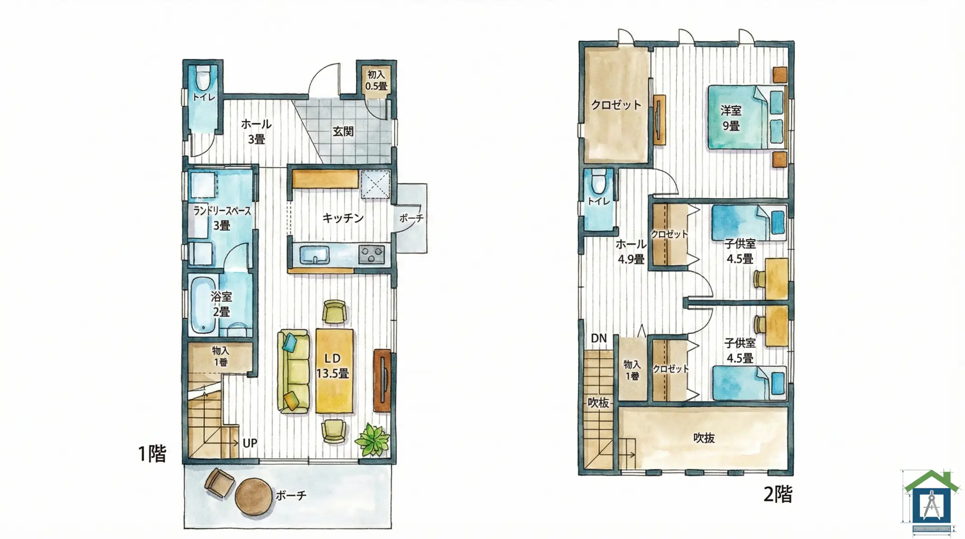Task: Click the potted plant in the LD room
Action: (x=372, y=439)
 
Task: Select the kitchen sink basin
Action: (x=314, y=255)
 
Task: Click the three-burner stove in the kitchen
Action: (x=372, y=255)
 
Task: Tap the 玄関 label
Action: (x=343, y=131)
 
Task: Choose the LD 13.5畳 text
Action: (x=332, y=366)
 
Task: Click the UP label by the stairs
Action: (x=250, y=443)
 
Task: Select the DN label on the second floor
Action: (x=598, y=338)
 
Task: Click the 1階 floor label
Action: (x=152, y=453)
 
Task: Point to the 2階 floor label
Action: (x=778, y=494)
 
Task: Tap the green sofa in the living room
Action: (x=294, y=371)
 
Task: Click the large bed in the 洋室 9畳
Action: (x=746, y=117)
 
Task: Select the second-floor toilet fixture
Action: (x=598, y=182)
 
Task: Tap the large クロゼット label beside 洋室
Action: (x=616, y=105)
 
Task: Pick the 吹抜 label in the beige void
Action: (x=704, y=438)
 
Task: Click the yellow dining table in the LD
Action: (x=334, y=371)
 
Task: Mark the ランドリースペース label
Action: (x=222, y=211)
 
